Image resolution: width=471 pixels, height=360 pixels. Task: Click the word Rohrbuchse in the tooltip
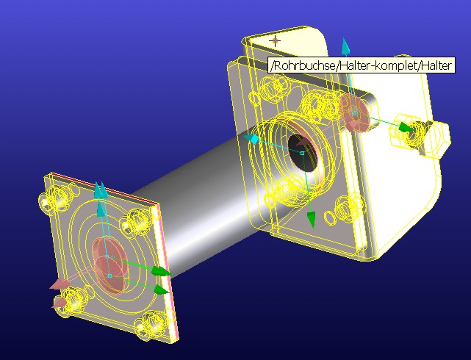pos(303,65)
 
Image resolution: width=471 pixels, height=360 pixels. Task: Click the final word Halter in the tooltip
pos(436,65)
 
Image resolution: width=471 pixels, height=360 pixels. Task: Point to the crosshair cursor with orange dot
pos(275,41)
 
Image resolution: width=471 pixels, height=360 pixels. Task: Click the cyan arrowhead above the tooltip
pos(345,46)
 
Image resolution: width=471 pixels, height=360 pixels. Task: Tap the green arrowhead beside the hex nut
pos(406,127)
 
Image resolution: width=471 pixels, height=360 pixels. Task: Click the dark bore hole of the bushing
pos(302,154)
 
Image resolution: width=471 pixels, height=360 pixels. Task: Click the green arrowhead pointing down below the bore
pos(312,219)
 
